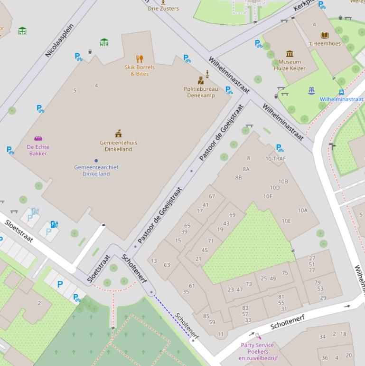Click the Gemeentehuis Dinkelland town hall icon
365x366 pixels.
(118, 134)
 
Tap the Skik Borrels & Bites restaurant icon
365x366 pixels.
(140, 59)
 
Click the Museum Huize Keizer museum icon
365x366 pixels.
(290, 53)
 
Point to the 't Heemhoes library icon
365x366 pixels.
(325, 35)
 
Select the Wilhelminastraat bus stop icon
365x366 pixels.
(341, 92)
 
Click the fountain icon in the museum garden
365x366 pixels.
(311, 90)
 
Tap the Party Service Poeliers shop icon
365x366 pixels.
(258, 337)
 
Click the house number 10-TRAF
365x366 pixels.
(275, 159)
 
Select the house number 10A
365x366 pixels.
(302, 211)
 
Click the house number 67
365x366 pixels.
(212, 196)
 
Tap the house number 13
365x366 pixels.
(154, 261)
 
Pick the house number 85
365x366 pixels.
(206, 316)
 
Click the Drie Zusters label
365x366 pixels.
(163, 9)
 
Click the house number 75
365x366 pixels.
(285, 273)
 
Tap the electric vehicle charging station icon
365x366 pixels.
(54, 224)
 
